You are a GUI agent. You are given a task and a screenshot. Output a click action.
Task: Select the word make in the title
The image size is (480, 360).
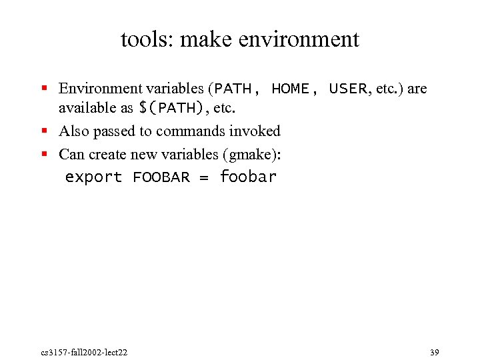pos(204,39)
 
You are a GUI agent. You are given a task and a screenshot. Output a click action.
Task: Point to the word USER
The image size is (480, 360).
pos(348,89)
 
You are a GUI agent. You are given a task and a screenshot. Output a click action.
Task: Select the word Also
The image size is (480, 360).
pos(74,131)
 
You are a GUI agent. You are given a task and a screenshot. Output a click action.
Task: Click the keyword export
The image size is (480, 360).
pos(93,177)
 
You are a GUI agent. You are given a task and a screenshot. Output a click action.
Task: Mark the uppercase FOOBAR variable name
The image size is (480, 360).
pos(161,177)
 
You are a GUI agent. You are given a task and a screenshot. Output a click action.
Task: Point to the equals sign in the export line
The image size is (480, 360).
pos(205,177)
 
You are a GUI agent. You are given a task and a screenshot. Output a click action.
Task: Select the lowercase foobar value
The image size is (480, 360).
pos(248,177)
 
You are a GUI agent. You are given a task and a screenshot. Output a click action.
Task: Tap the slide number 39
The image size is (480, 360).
pos(435,351)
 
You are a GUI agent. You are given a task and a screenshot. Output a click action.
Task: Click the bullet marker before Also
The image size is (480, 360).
pos(44,131)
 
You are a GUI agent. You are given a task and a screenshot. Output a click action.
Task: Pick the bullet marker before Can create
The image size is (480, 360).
pos(44,154)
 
